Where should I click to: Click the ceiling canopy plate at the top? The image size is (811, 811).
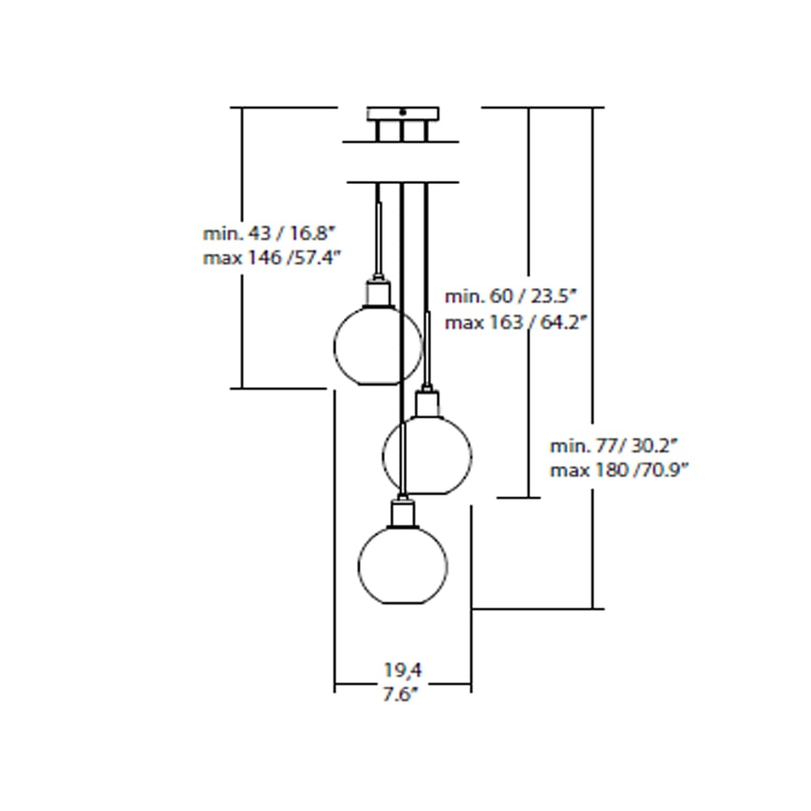coord(402,114)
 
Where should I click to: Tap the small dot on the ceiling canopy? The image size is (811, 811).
coord(402,113)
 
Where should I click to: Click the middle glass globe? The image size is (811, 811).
coord(427,454)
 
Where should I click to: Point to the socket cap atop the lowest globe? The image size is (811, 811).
coord(402,513)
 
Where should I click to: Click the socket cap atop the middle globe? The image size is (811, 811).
coord(427,402)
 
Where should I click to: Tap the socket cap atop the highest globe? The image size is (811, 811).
coord(378,291)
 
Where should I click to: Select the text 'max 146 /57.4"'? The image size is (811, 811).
coord(271,258)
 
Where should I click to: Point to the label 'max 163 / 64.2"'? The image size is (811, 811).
coord(515,322)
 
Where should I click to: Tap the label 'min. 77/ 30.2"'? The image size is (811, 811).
coord(614,445)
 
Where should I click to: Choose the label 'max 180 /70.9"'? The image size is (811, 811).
coord(619,470)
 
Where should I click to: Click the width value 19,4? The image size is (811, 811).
coord(403,670)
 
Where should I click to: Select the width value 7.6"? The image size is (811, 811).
coord(401,694)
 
